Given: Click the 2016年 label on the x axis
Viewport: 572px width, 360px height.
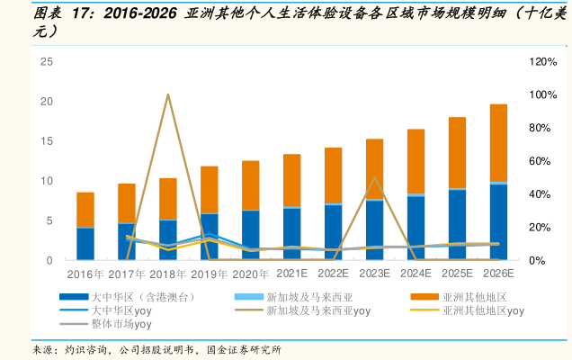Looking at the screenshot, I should coord(85,273).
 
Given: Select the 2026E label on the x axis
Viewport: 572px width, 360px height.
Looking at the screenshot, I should coord(498,273).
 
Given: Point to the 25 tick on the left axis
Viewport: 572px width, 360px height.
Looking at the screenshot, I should coord(47,62).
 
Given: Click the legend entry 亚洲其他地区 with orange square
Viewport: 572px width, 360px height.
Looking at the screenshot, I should coord(476,296).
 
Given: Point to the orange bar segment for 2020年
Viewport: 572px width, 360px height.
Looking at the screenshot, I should coord(251,185).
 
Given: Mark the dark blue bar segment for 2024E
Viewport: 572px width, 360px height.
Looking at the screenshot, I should coord(416,228).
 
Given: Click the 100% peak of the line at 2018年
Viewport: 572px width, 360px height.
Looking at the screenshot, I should coord(168,94).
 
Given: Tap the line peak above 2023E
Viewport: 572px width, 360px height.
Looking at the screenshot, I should coord(374,177).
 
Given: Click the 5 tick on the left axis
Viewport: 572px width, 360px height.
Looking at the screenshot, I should coord(49,220).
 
